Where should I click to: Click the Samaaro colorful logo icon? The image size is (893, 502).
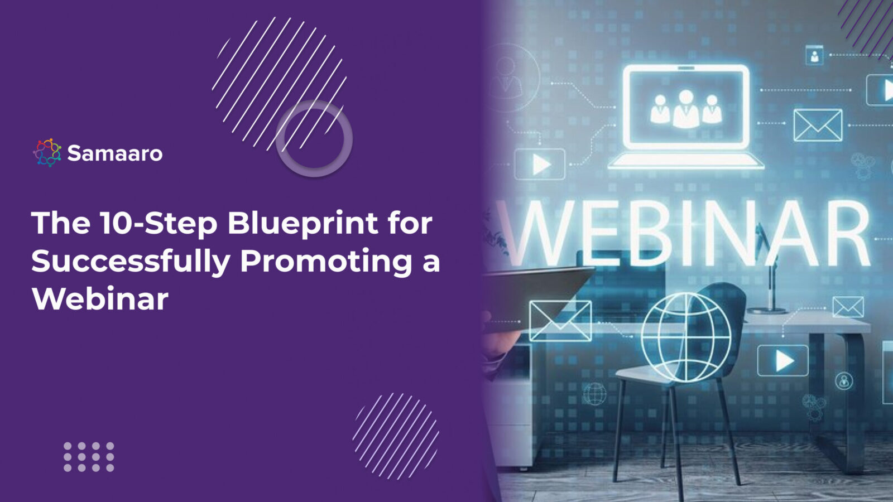47,152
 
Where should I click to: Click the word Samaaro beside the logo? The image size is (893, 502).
114,153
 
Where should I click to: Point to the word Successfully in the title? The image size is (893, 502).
131,262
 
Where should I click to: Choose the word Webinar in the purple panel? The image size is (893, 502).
100,299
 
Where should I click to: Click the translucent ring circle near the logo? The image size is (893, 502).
314,138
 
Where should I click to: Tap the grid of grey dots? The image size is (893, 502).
89,457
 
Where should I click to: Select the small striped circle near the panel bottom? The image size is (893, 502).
395,436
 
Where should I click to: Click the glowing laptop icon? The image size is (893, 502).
686,117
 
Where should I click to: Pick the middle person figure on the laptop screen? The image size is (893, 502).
686,108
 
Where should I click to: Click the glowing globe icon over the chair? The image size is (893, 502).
685,337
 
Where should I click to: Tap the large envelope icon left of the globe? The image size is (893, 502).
560,321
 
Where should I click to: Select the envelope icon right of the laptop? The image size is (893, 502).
817,125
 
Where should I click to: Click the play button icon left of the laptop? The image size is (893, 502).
540,165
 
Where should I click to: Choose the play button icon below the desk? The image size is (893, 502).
782,361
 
